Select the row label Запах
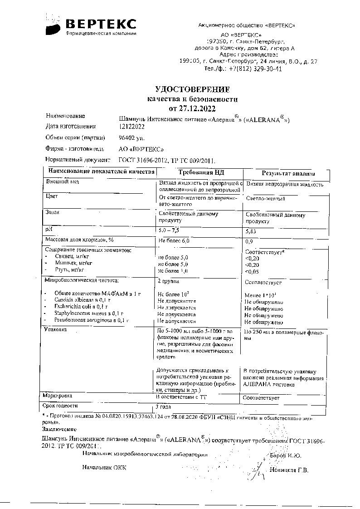53,212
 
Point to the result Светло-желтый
265,199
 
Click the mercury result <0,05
252,271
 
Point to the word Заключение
59,429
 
